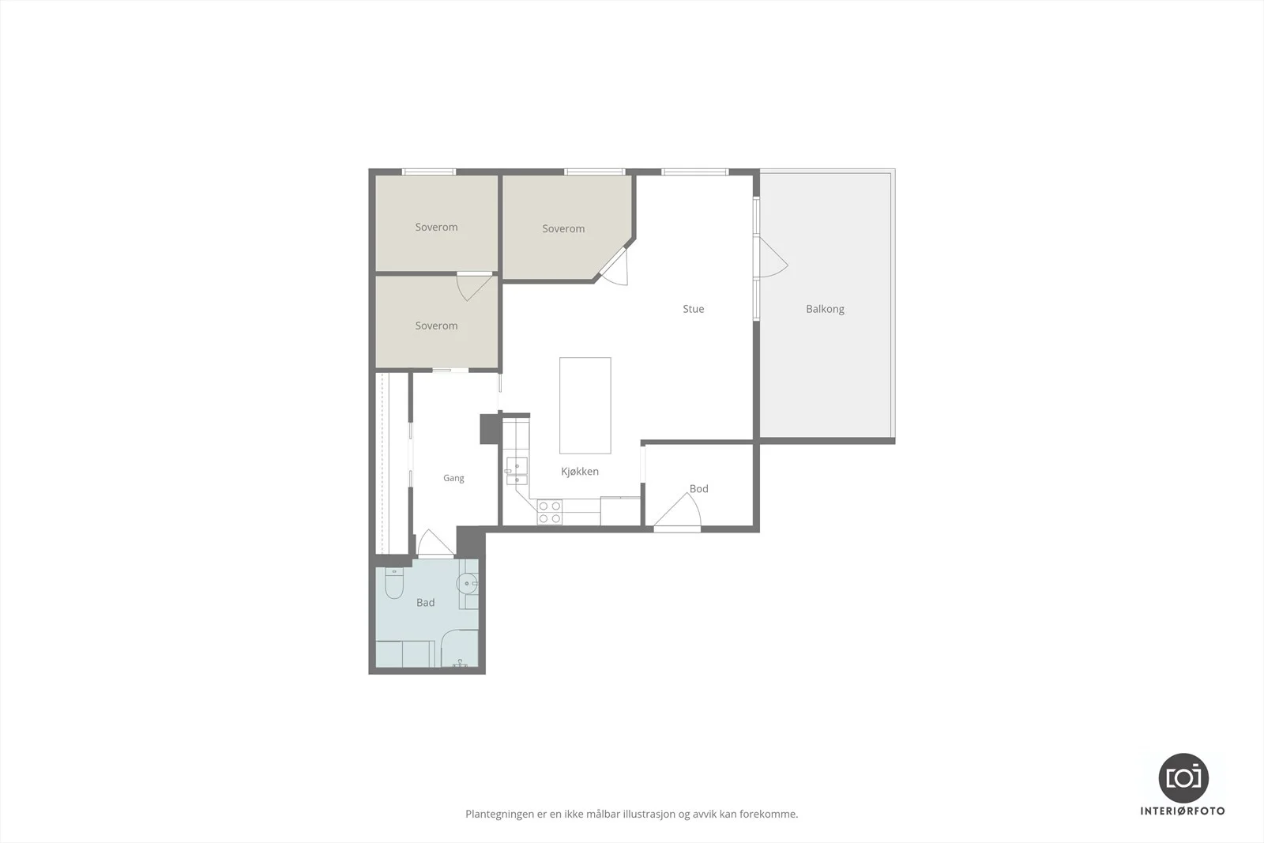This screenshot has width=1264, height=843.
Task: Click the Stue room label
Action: [x=694, y=309]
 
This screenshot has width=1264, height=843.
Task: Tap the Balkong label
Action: [x=825, y=309]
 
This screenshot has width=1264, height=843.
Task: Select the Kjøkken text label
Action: [x=580, y=472]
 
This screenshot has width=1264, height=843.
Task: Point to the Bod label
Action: [x=698, y=488]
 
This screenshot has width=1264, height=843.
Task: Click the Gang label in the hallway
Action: [x=453, y=479]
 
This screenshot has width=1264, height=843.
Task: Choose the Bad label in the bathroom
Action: [x=426, y=603]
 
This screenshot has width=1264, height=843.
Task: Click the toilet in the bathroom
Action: [x=394, y=582]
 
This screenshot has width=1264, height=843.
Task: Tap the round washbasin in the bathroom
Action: [x=467, y=583]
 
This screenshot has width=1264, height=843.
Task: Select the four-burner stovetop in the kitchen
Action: [x=550, y=512]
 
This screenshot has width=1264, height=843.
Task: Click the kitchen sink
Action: [x=517, y=471]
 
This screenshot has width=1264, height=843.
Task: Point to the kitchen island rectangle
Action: [x=585, y=405]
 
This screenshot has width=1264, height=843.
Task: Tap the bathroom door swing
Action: [x=435, y=543]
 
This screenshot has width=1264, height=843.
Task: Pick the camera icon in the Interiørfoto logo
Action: [x=1183, y=778]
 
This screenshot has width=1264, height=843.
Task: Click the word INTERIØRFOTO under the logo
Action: [x=1183, y=811]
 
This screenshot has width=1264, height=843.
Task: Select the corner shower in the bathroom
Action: [x=460, y=649]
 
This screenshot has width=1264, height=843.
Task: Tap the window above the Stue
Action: [x=694, y=172]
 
